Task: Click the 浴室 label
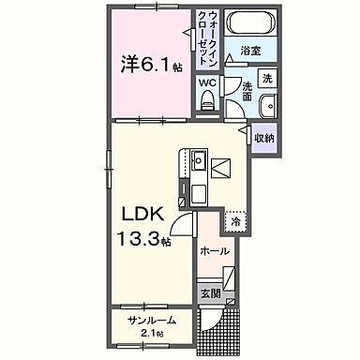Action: tap(249, 51)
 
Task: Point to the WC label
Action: tap(207, 82)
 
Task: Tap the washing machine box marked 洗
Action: tap(266, 78)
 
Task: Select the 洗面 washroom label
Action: tap(246, 92)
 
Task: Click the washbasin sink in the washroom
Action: tap(267, 105)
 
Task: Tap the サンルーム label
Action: tap(152, 321)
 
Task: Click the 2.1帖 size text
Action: tap(153, 335)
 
